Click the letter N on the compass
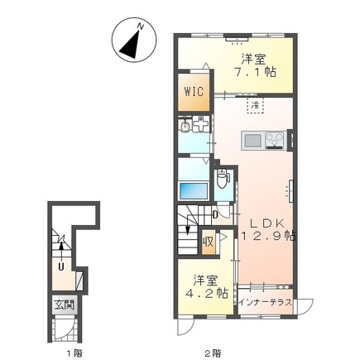pyautogui.click(x=141, y=26)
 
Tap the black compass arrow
pyautogui.click(x=130, y=45)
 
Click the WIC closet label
pyautogui.click(x=194, y=91)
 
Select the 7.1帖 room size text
pyautogui.click(x=255, y=72)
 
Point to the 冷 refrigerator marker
pyautogui.click(x=255, y=105)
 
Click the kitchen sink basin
pyautogui.click(x=253, y=141)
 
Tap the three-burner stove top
pyautogui.click(x=275, y=140)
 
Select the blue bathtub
pyautogui.click(x=194, y=190)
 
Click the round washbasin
pyautogui.click(x=185, y=126)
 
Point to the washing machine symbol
pyautogui.click(x=201, y=124)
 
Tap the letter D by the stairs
pyautogui.click(x=215, y=214)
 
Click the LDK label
pyautogui.click(x=266, y=223)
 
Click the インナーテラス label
pyautogui.click(x=266, y=303)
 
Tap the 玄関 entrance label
pyautogui.click(x=64, y=305)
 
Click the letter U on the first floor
pyautogui.click(x=61, y=266)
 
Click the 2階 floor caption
pyautogui.click(x=213, y=353)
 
